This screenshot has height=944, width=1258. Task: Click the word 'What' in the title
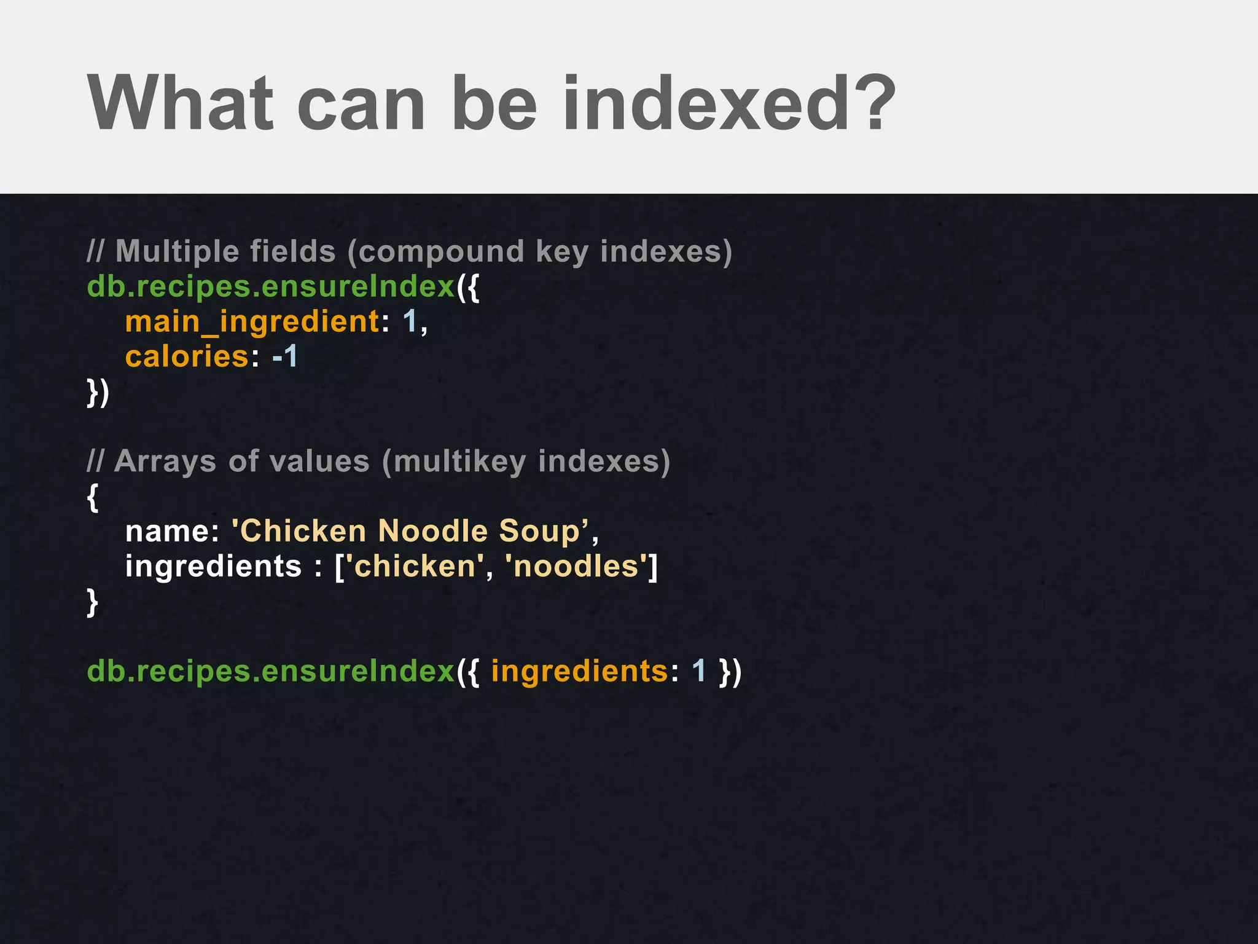pyautogui.click(x=180, y=103)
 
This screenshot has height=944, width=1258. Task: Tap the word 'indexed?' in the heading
pyautogui.click(x=729, y=103)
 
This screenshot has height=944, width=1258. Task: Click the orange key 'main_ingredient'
pyautogui.click(x=252, y=322)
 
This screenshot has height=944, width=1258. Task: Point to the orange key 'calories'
pyautogui.click(x=187, y=357)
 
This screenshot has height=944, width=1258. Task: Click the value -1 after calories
pyautogui.click(x=285, y=356)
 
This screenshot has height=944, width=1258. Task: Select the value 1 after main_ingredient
pyautogui.click(x=410, y=321)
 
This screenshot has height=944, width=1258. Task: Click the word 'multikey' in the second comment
pyautogui.click(x=459, y=462)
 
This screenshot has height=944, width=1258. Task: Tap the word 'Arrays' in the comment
pyautogui.click(x=165, y=462)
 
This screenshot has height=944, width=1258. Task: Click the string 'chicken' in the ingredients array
pyautogui.click(x=415, y=566)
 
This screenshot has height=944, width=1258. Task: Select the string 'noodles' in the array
pyautogui.click(x=577, y=566)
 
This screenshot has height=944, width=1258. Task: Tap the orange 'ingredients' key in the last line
pyautogui.click(x=579, y=671)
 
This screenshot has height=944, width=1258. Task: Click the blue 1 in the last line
pyautogui.click(x=698, y=671)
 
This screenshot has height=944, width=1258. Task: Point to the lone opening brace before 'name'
pyautogui.click(x=93, y=497)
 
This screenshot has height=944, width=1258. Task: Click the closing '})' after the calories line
pyautogui.click(x=98, y=392)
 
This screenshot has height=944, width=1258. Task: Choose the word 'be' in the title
pyautogui.click(x=494, y=103)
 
